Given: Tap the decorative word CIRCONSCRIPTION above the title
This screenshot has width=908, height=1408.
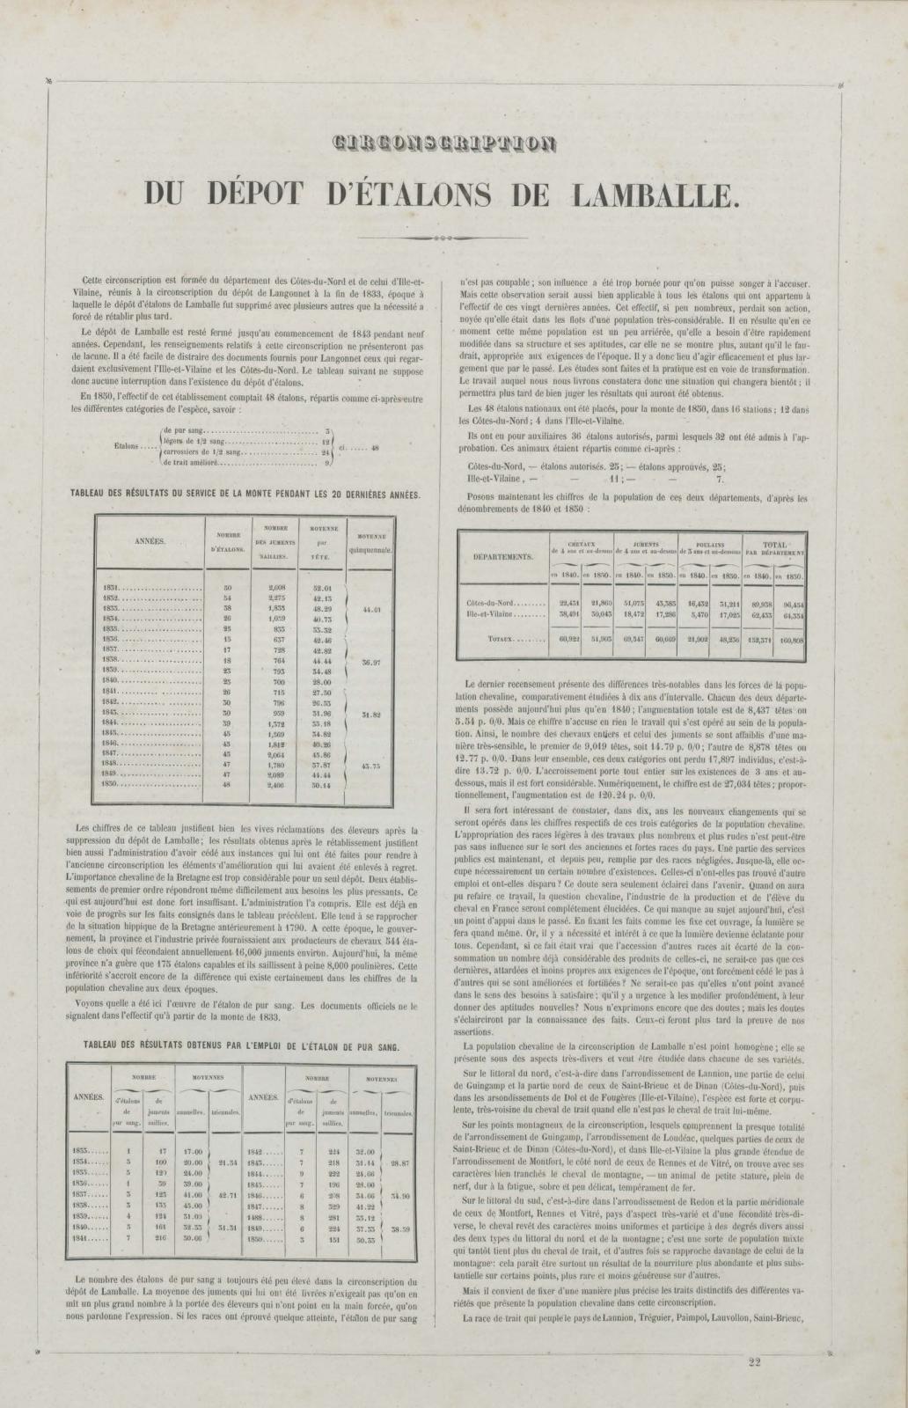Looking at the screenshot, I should (x=444, y=144).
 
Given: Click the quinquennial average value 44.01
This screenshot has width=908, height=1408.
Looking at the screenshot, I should (x=370, y=608).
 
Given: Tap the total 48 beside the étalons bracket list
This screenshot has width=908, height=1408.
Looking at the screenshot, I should (x=375, y=447).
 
